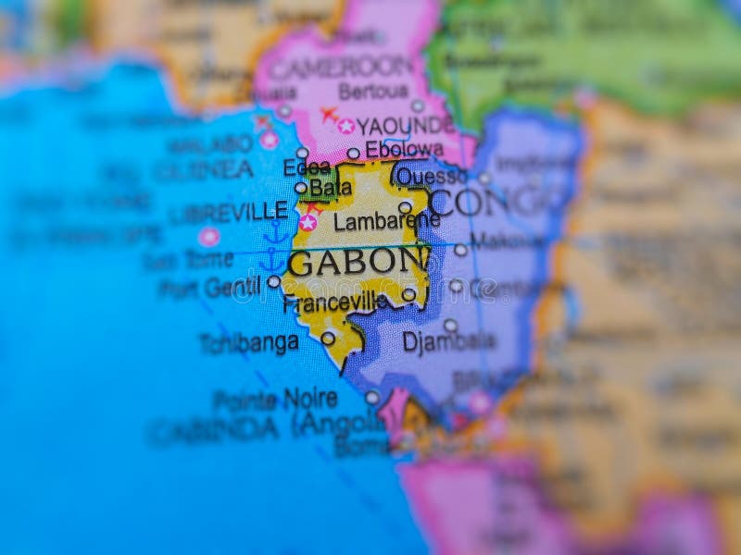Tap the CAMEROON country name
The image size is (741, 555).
click(341, 66)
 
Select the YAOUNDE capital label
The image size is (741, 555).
click(405, 125)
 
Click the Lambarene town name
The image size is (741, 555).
click(386, 221)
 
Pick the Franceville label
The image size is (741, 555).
click(335, 302)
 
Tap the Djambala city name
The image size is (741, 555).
click(449, 341)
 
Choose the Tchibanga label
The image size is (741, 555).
click(248, 343)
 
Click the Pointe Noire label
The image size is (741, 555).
click(275, 400)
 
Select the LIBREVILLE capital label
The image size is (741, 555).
click(228, 211)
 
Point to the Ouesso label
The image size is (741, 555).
click(432, 175)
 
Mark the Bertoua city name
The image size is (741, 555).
click(373, 92)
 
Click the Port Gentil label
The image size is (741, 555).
click(208, 287)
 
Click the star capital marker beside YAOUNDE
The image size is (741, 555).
click(346, 126)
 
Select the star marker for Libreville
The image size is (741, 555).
click(308, 222)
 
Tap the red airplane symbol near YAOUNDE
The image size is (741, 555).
click(329, 114)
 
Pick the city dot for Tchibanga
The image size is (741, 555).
click(328, 339)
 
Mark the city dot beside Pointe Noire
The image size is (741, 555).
click(371, 398)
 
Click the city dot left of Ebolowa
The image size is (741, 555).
click(353, 154)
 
